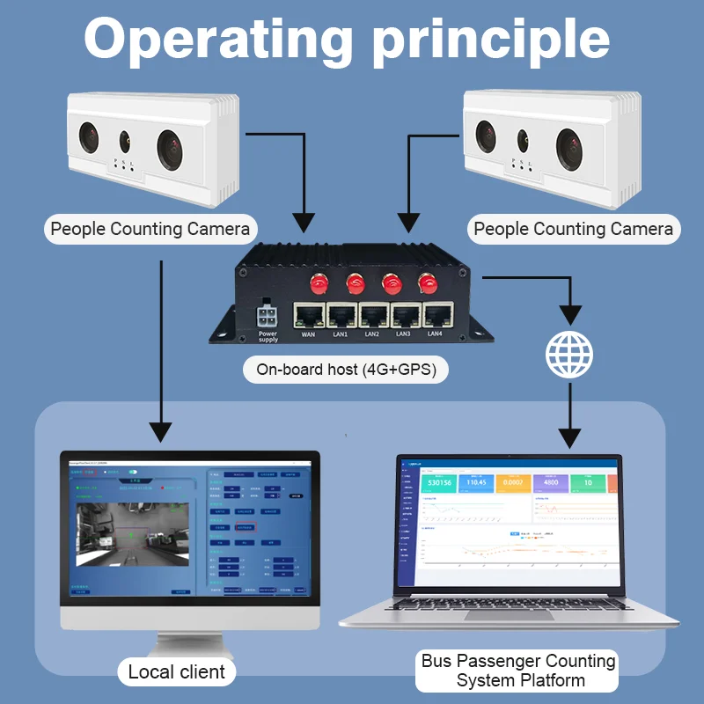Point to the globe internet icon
pos(569,353)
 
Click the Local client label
pos(176,672)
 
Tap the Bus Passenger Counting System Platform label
pos(518,671)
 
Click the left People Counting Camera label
pos(150,230)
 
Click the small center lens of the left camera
pos(125,138)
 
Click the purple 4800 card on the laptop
pos(550,482)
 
